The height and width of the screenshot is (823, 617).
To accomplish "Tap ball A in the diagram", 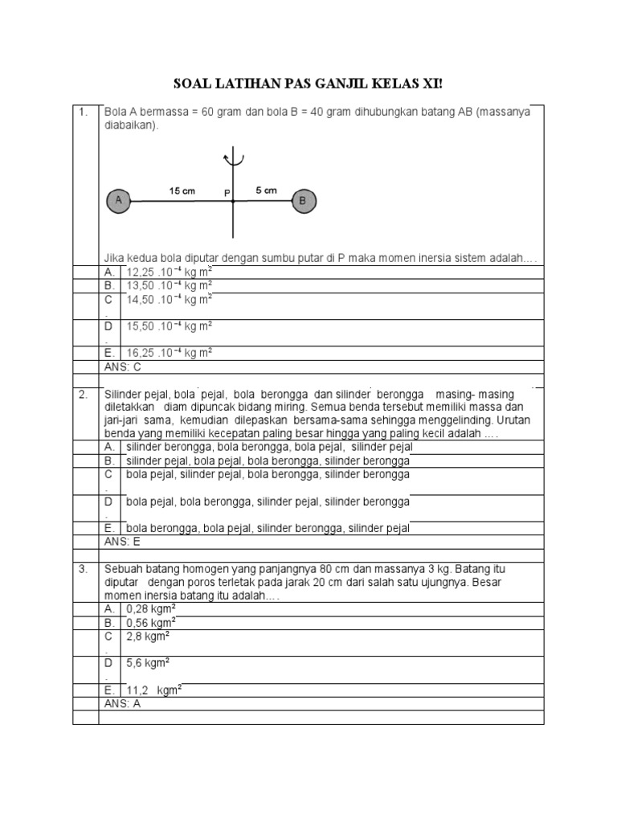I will click(118, 202).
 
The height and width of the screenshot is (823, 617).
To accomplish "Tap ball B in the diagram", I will click(304, 202).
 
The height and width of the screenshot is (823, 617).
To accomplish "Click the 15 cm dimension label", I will click(182, 191).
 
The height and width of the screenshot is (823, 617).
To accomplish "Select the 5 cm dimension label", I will click(266, 190).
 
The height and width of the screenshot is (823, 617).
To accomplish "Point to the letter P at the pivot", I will click(227, 193).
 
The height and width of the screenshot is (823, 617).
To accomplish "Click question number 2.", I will click(83, 394).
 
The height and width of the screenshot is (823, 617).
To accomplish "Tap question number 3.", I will click(83, 569).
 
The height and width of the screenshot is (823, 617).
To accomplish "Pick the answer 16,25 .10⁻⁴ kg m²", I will click(169, 352).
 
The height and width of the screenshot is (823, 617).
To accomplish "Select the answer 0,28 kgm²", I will click(151, 608).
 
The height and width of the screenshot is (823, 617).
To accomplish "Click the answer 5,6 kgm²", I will click(148, 663).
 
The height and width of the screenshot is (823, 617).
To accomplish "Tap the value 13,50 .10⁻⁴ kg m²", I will click(169, 285).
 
